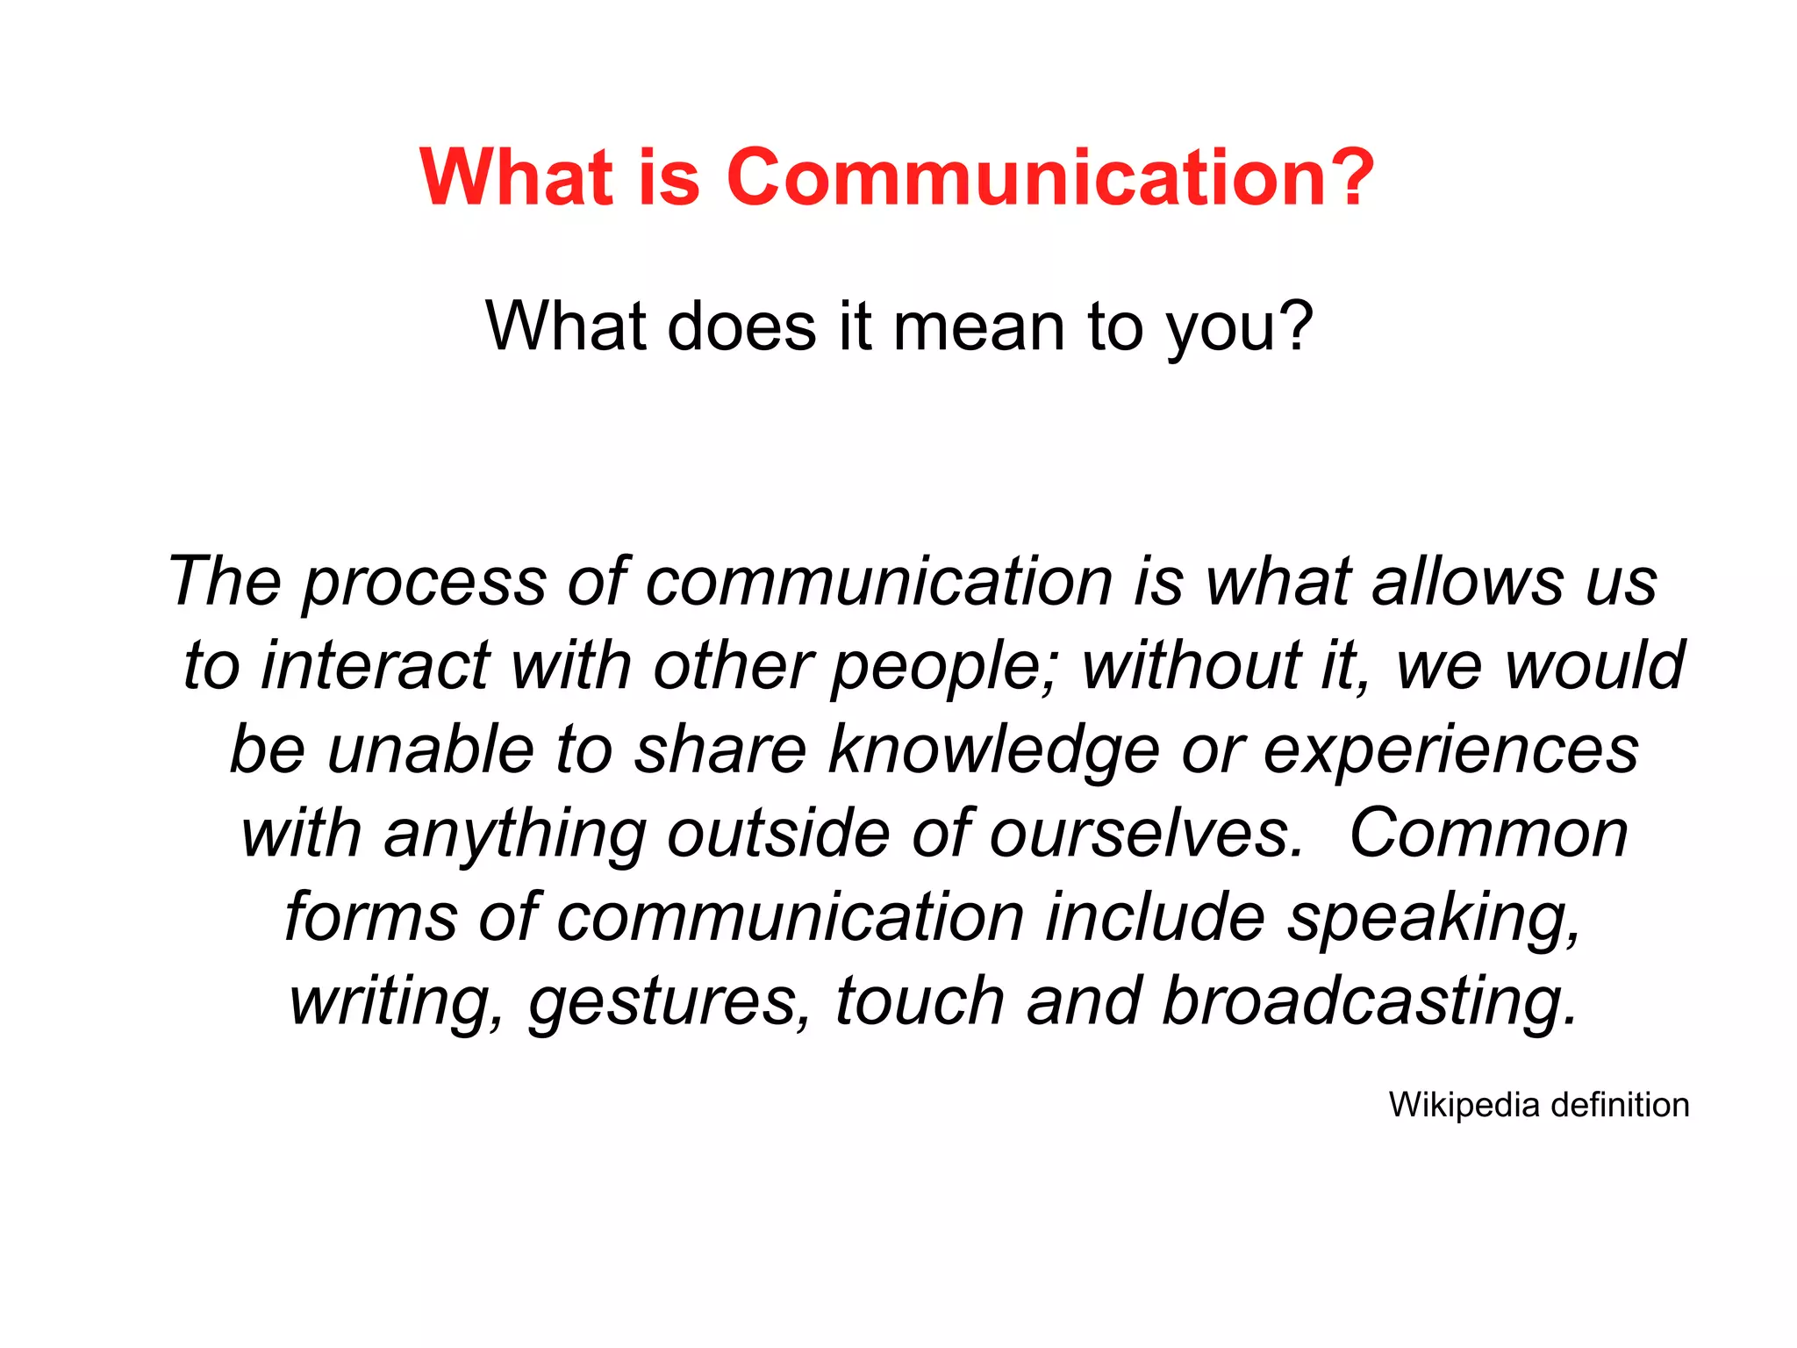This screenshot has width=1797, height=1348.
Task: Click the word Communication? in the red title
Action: (1049, 177)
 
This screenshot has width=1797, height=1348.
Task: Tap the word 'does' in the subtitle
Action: (741, 326)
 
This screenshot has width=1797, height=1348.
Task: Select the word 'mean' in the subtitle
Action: (978, 326)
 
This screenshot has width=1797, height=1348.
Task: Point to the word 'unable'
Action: (430, 749)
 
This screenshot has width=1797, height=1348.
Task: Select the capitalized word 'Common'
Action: (1488, 834)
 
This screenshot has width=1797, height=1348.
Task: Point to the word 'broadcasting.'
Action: (1369, 1002)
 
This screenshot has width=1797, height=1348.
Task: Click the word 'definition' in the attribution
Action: (1620, 1105)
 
